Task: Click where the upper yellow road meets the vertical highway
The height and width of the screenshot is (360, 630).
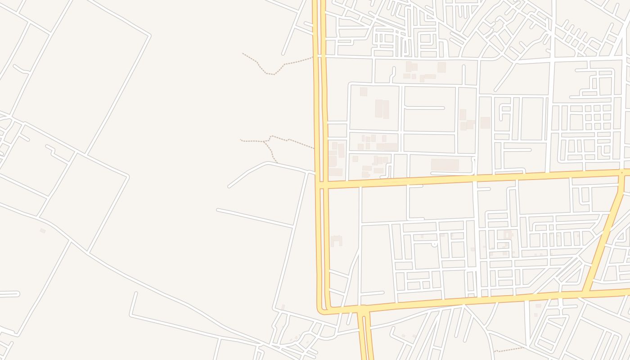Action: (322, 184)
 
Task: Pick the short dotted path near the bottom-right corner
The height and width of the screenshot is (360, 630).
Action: (508, 349)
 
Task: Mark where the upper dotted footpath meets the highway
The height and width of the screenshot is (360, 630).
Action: (313, 57)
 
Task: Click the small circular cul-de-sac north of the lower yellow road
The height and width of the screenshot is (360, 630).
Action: (434, 244)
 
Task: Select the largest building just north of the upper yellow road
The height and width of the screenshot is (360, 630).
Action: (445, 165)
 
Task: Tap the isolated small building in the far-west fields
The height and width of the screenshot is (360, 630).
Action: (43, 230)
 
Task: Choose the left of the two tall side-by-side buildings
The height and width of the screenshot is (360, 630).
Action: (378, 109)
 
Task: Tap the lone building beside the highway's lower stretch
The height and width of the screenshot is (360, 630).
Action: (336, 241)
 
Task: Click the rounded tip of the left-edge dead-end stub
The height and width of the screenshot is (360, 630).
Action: (18, 294)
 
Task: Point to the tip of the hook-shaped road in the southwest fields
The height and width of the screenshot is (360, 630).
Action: (135, 293)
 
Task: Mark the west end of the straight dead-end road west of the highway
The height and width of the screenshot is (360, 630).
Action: (218, 210)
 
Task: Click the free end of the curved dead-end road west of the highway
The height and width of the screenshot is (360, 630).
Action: (229, 186)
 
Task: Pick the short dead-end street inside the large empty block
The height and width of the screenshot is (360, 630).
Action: (424, 108)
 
